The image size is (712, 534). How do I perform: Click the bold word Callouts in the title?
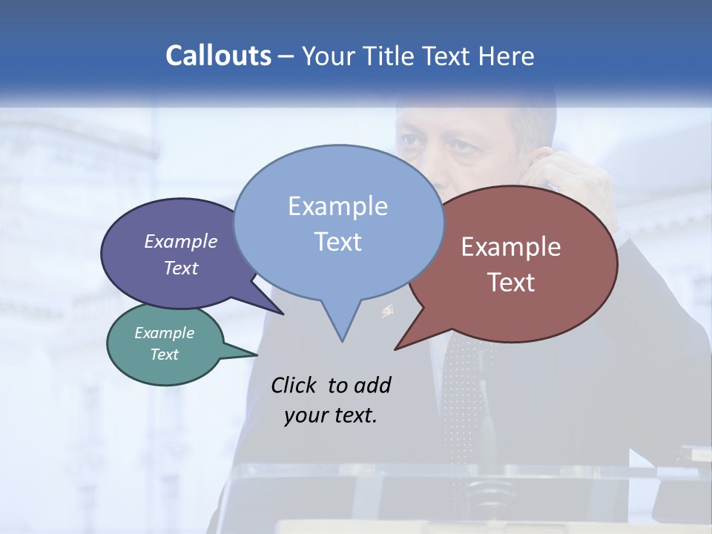[x=218, y=56]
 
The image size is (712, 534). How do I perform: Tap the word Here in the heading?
[x=507, y=56]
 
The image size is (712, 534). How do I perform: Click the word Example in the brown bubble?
[x=511, y=247]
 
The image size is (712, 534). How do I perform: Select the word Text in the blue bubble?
[x=338, y=242]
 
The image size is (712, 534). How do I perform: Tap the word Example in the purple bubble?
[x=181, y=242]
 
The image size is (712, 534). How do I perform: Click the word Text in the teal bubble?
[x=165, y=355]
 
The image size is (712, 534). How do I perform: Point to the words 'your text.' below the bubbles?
[x=331, y=415]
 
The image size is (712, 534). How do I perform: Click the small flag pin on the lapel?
[x=387, y=310]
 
